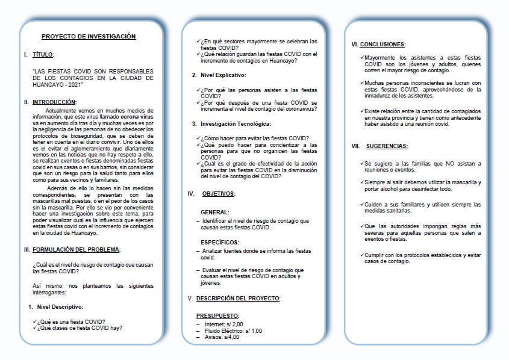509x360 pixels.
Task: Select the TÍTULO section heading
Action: (x=43, y=55)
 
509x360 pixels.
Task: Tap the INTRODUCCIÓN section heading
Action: (x=54, y=102)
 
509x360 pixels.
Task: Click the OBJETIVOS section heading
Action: (x=218, y=194)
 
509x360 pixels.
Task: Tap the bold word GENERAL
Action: (x=215, y=213)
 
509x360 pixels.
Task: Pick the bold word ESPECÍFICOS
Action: (x=220, y=241)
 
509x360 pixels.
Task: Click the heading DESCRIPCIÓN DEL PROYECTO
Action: (x=238, y=299)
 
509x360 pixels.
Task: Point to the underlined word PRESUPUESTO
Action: (x=217, y=315)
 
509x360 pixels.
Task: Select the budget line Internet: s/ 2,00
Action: (x=224, y=324)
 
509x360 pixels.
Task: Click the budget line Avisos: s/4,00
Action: (x=221, y=337)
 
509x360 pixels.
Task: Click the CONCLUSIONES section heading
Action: (x=383, y=44)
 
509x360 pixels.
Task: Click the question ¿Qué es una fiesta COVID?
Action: (x=71, y=321)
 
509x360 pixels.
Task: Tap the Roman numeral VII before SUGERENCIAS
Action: (x=355, y=146)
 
